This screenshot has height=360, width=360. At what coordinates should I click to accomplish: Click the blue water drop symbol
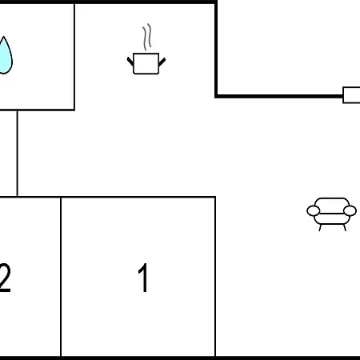(5, 55)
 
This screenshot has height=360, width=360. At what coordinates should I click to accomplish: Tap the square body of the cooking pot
(146, 63)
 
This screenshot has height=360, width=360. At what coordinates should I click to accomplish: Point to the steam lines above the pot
(147, 37)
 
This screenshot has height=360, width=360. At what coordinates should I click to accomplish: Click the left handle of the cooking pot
(130, 62)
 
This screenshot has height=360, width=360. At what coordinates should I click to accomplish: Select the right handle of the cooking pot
(162, 62)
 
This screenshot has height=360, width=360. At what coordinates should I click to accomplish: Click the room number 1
(143, 278)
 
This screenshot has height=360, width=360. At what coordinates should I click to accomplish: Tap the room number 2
(5, 278)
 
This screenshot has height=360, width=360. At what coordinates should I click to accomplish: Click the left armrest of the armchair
(314, 210)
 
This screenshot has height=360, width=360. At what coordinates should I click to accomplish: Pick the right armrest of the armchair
(350, 210)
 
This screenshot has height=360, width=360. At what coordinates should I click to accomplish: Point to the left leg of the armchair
(320, 228)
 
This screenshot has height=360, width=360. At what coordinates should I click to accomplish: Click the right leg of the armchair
(345, 228)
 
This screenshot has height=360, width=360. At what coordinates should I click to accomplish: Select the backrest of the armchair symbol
(332, 206)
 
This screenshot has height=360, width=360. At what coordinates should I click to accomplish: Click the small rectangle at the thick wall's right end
(351, 95)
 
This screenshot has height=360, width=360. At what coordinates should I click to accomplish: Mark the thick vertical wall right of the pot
(216, 49)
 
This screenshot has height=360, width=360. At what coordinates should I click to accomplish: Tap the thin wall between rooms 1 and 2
(61, 277)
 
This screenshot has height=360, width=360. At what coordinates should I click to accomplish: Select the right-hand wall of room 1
(215, 277)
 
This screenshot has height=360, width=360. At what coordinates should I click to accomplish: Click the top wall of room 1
(138, 198)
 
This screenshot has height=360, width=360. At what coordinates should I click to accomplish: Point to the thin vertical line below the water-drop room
(18, 154)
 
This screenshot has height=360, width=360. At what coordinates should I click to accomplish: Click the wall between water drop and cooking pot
(74, 57)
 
